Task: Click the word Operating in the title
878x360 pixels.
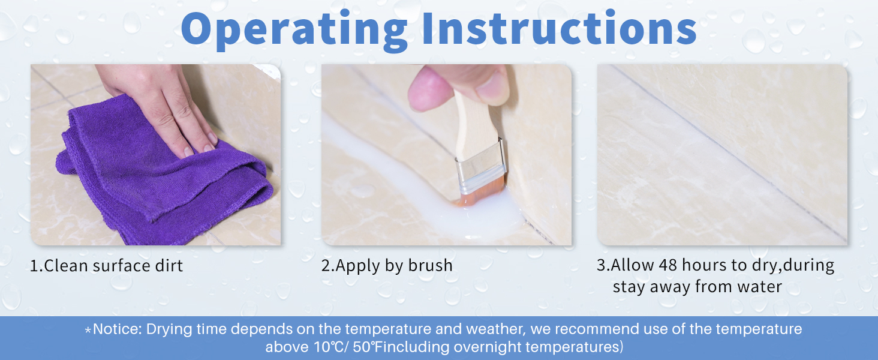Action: pyautogui.click(x=294, y=30)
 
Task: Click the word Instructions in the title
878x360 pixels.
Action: pyautogui.click(x=560, y=27)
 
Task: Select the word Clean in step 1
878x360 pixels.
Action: pyautogui.click(x=66, y=266)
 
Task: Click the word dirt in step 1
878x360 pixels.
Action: pyautogui.click(x=169, y=266)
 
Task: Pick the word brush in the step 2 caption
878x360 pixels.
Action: pyautogui.click(x=431, y=265)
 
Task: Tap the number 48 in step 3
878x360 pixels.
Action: pyautogui.click(x=668, y=265)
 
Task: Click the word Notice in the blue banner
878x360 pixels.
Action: pyautogui.click(x=116, y=329)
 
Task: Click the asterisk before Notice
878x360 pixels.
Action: pyautogui.click(x=88, y=330)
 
